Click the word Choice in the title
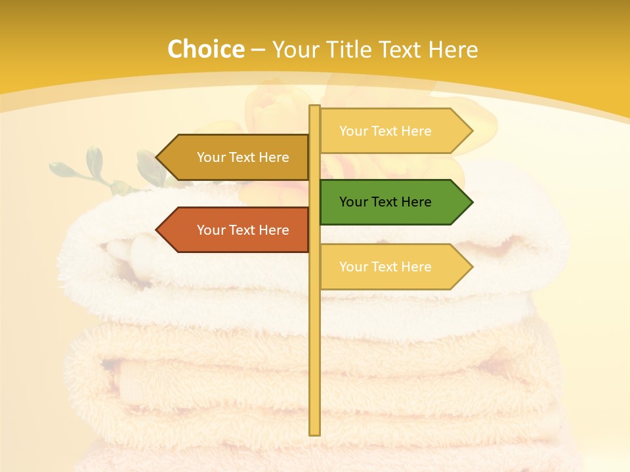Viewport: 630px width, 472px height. click(x=205, y=49)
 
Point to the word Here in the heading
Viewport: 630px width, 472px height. click(x=453, y=49)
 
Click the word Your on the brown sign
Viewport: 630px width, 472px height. click(x=211, y=157)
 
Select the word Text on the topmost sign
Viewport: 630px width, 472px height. click(x=385, y=131)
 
